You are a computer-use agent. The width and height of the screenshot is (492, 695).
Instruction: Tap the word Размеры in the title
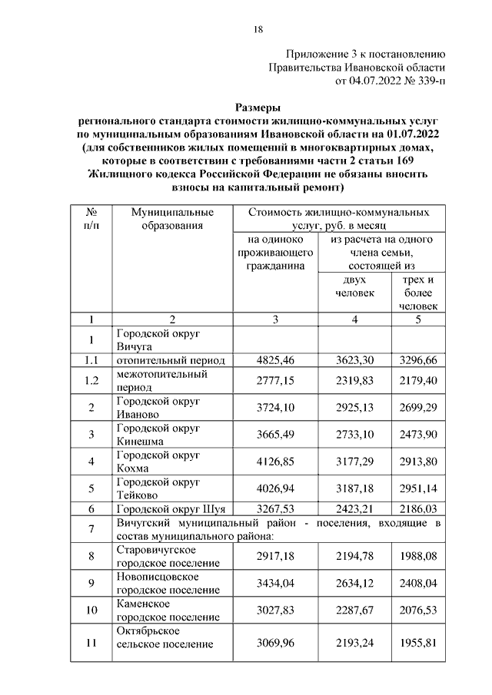pos(258,108)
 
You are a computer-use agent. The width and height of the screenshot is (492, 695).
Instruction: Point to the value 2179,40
pos(418,381)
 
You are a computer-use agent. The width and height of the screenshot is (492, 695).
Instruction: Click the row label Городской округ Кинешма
pos(158,435)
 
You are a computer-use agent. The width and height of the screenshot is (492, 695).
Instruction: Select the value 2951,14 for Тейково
pos(418,489)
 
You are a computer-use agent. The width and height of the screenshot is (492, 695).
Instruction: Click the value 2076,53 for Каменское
pos(418,611)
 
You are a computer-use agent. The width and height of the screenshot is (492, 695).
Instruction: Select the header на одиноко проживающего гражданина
pos(274,253)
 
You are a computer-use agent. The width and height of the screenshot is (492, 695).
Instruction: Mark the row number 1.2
pos(91,381)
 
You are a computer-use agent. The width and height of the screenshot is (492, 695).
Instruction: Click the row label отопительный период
pos(170,359)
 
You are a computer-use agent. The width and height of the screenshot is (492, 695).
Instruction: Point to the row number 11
pos(91,644)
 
